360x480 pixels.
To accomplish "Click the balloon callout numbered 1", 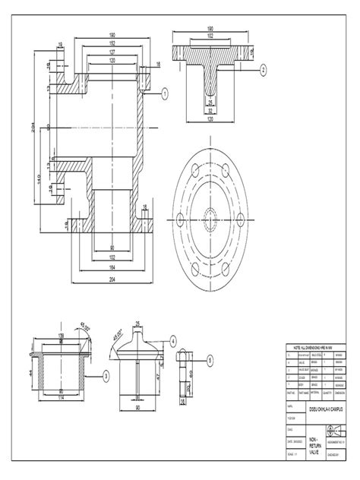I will click(x=163, y=92).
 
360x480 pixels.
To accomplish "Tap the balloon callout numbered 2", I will click(x=263, y=68).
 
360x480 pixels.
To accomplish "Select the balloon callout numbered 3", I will click(x=106, y=375).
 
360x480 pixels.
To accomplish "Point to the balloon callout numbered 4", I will click(x=173, y=341).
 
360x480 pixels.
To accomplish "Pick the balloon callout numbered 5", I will click(x=210, y=360).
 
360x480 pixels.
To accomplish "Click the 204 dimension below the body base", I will click(x=111, y=279).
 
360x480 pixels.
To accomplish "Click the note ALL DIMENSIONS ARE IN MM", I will click(x=313, y=346).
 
